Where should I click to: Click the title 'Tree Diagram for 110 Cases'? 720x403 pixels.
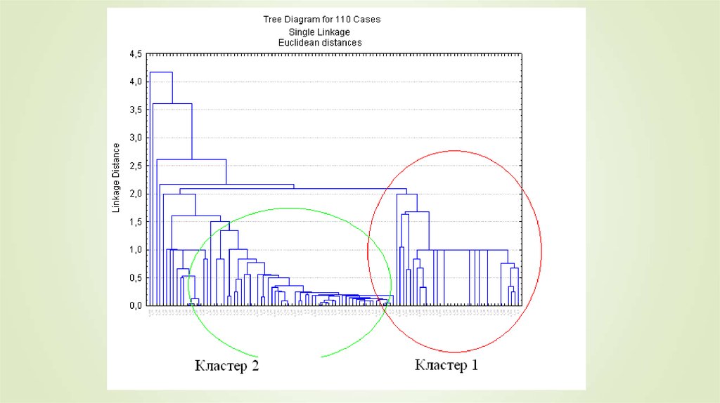(x=321, y=20)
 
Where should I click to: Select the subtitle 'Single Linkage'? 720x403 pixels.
(x=319, y=32)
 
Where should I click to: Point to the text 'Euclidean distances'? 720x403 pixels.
(x=320, y=43)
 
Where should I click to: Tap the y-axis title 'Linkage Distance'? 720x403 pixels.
(x=117, y=178)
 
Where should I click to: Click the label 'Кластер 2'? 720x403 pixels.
(x=227, y=366)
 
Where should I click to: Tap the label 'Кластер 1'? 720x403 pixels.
(x=447, y=365)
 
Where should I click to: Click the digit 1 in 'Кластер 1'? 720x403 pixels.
(x=474, y=365)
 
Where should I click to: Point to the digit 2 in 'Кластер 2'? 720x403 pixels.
(x=255, y=366)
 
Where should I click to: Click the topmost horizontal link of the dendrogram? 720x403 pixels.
(x=161, y=72)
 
